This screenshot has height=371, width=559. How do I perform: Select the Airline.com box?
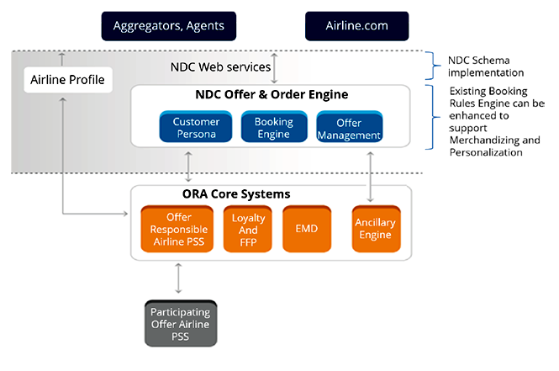point(356,25)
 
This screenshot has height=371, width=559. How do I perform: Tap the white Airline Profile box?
point(67,80)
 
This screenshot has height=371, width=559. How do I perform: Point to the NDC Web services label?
point(220,66)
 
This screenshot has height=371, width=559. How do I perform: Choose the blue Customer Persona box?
point(196,128)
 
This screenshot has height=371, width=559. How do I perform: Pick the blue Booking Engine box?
point(273,128)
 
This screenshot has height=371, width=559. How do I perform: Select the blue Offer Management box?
point(350,128)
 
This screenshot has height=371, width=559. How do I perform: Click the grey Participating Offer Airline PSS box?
point(180,324)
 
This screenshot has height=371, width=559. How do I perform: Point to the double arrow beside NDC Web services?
point(274,67)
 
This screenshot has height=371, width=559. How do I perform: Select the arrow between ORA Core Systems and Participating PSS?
point(180,277)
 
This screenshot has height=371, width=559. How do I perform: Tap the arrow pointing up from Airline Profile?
point(62,59)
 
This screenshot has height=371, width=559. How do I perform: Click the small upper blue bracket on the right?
point(432,65)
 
